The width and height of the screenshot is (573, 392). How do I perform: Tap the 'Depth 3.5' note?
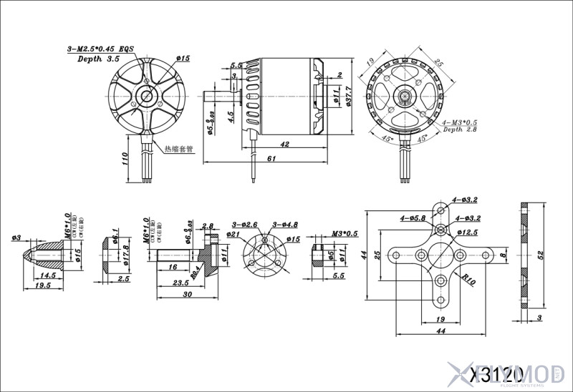coord(98,59)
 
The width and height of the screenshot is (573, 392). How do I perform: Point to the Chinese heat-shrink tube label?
coord(179,150)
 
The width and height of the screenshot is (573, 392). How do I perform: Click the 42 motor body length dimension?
coord(285,144)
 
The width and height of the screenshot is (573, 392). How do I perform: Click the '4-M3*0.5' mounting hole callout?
coord(460,122)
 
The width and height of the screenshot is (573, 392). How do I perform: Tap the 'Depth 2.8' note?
coord(462,130)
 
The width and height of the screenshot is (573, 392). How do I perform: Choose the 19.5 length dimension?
coord(43,285)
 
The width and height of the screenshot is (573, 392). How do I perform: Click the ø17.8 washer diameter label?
coord(125,253)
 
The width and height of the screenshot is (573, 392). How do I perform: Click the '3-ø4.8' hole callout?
coord(286,225)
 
